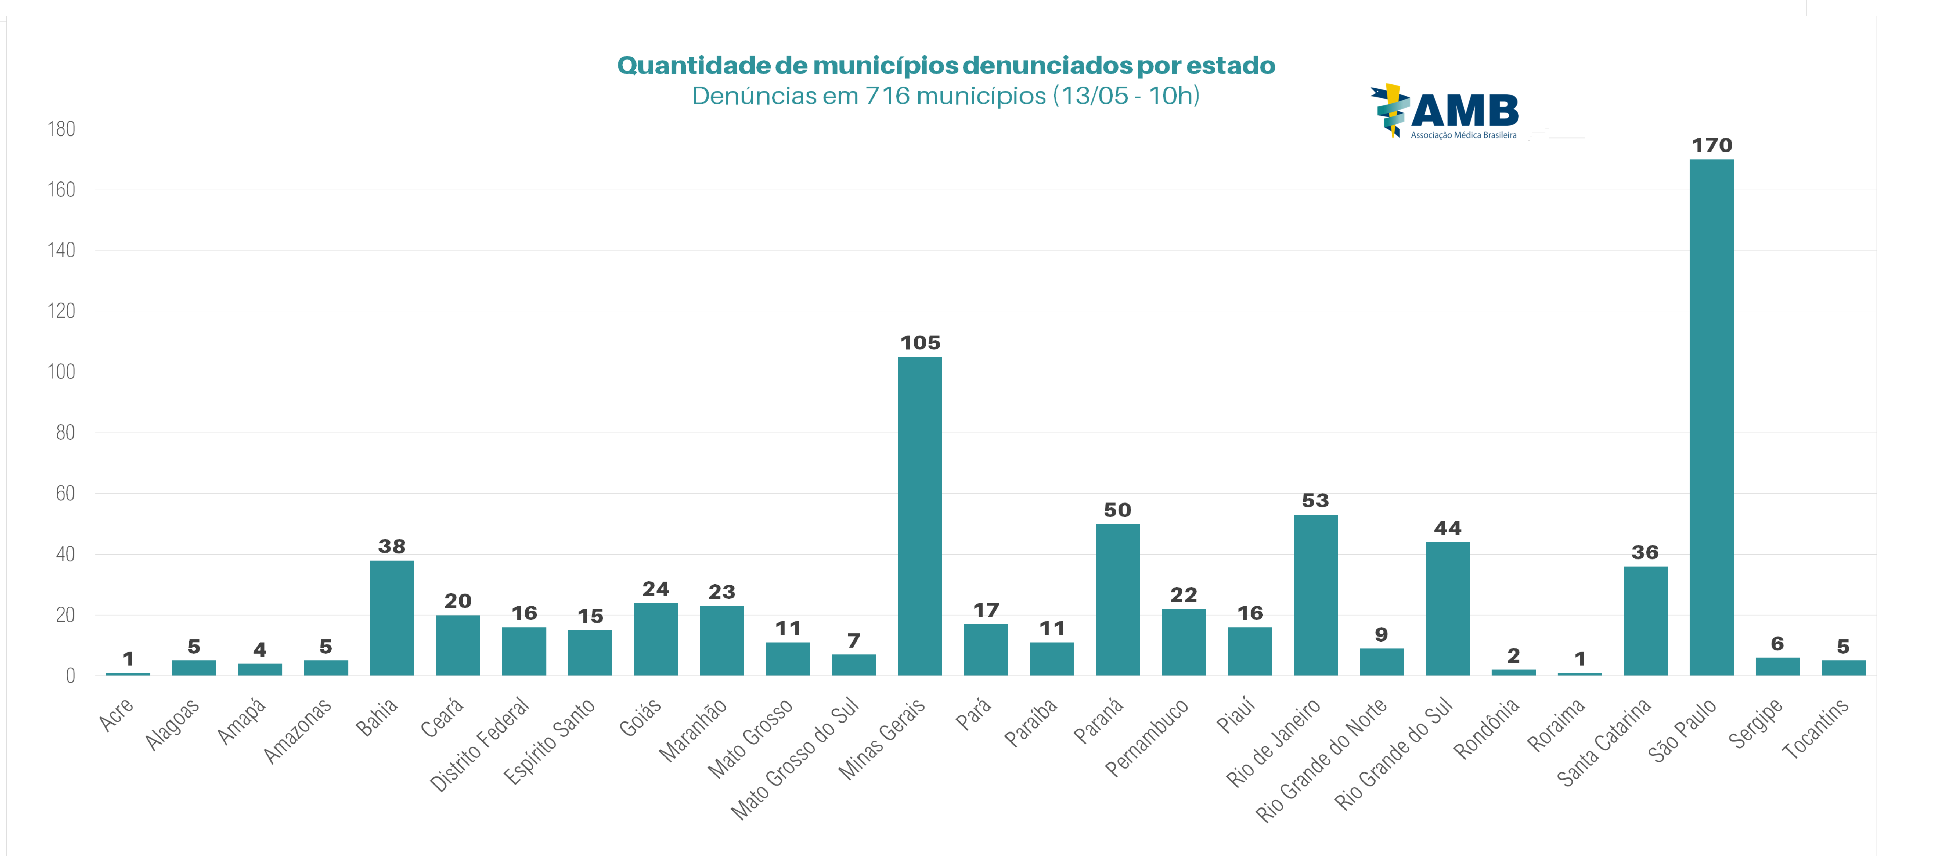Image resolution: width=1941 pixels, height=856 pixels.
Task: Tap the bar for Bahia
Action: point(392,618)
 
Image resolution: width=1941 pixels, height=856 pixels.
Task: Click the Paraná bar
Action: point(1117,600)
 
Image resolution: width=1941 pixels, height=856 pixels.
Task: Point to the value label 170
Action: point(1712,146)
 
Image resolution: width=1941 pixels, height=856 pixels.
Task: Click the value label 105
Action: point(920,343)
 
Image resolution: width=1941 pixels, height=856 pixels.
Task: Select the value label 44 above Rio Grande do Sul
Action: point(1447,528)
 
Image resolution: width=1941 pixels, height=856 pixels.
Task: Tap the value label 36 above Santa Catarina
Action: point(1645,552)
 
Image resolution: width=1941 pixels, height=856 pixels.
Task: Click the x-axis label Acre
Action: point(116,714)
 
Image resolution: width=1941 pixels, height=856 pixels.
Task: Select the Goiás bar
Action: point(655,639)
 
